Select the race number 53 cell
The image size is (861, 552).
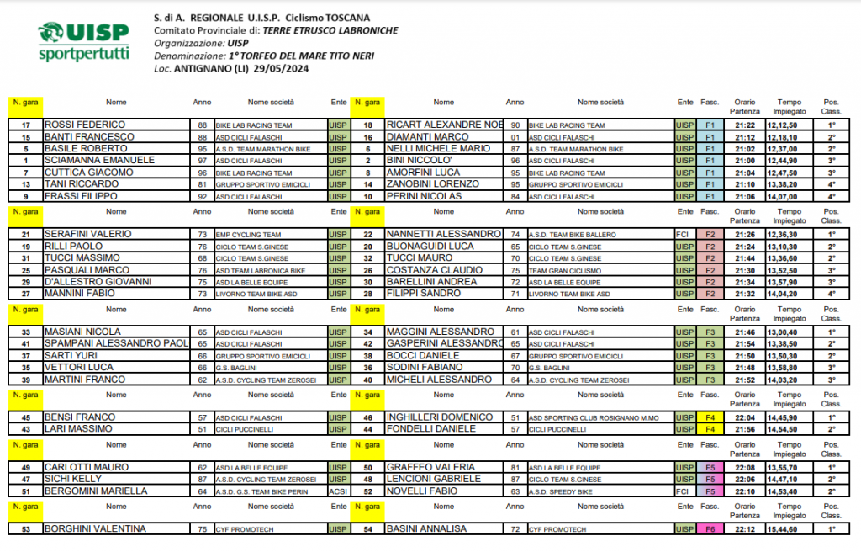[26, 529]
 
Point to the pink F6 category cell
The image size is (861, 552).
[710, 529]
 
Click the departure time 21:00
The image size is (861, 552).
[745, 161]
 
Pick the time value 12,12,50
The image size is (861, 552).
[783, 125]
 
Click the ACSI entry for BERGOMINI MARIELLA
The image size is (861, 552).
[338, 491]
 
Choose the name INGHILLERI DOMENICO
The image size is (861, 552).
[440, 417]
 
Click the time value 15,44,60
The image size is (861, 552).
[783, 529]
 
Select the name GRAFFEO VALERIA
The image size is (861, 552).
[430, 467]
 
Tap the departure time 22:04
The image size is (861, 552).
[745, 417]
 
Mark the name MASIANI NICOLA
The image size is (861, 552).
[83, 332]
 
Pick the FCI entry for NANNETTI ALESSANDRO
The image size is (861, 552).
[684, 235]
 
